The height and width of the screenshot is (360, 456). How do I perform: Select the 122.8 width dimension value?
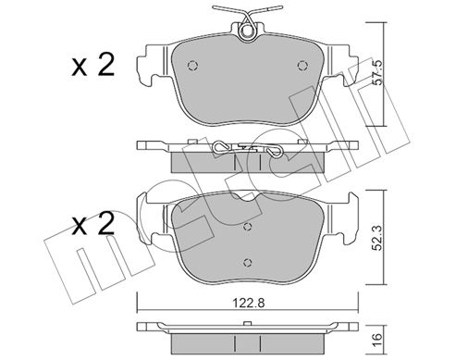click(x=249, y=304)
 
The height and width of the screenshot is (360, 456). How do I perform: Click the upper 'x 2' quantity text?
click(x=93, y=65)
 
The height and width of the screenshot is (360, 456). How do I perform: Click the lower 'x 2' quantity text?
click(x=93, y=224)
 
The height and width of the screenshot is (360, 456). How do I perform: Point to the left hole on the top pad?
click(x=192, y=66)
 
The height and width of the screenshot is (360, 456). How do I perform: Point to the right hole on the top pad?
click(x=302, y=66)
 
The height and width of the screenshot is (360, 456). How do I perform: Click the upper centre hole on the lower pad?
click(x=248, y=227)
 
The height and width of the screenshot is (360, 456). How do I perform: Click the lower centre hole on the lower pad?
click(x=248, y=262)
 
